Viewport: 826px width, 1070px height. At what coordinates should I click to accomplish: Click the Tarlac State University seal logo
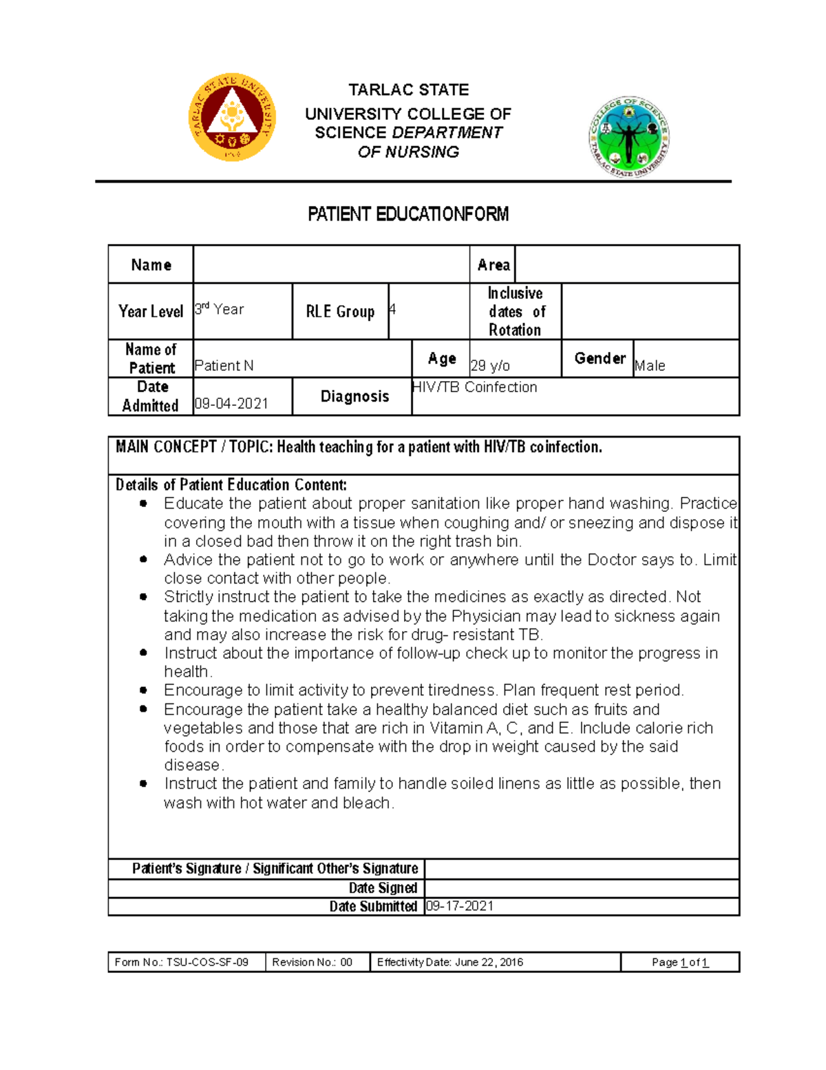tap(232, 117)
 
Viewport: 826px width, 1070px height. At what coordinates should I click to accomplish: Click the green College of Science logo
tap(629, 136)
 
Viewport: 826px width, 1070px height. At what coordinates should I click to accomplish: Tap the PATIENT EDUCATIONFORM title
tap(408, 214)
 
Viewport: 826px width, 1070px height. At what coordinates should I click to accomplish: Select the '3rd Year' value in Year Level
tap(220, 309)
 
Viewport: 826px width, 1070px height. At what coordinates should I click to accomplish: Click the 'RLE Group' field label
tap(340, 311)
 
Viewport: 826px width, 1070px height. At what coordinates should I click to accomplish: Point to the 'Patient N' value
tap(224, 366)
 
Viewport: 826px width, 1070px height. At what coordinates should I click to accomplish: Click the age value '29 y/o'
tap(490, 366)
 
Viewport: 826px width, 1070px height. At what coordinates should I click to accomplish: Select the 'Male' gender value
tap(650, 366)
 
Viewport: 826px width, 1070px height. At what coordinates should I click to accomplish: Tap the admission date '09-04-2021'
tap(231, 404)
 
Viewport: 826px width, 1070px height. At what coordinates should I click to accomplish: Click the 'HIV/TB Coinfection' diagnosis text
tap(474, 387)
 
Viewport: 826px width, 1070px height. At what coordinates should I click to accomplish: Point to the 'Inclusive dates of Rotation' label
tap(516, 311)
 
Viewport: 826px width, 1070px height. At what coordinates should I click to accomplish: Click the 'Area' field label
tap(494, 265)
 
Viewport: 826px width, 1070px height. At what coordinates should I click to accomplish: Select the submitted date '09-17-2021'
tap(460, 906)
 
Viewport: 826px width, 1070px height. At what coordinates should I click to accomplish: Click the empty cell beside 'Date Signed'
tap(582, 888)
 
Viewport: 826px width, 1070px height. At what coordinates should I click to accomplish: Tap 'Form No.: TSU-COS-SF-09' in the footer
tap(182, 962)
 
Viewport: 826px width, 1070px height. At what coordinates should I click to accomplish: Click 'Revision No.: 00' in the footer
tap(313, 962)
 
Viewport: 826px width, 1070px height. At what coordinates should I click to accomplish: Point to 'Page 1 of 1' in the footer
tap(680, 963)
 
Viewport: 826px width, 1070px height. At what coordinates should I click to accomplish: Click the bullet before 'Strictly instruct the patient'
tap(143, 597)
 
